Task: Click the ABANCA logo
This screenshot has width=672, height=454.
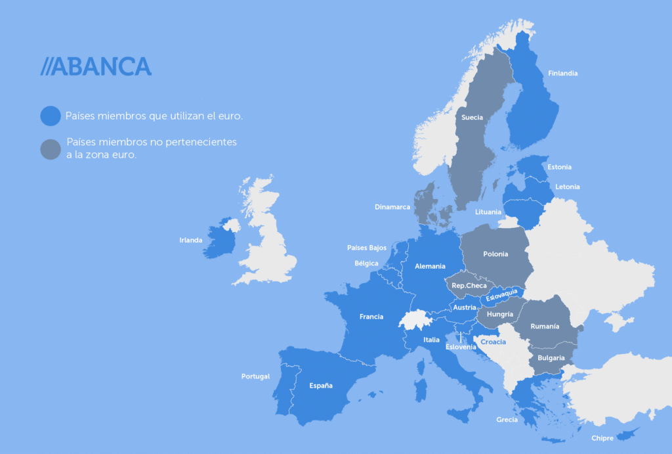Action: click(x=96, y=66)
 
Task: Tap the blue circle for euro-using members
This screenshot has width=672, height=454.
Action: click(x=51, y=116)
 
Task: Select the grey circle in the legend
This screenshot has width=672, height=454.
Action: click(x=51, y=149)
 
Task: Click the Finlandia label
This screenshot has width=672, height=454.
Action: click(x=562, y=74)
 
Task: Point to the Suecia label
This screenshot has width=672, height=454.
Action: click(x=472, y=118)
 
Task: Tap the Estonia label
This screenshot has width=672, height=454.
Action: click(x=559, y=167)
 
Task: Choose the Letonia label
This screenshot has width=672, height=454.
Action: click(x=568, y=187)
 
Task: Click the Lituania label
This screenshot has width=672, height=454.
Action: click(x=488, y=212)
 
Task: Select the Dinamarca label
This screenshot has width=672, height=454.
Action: click(x=392, y=207)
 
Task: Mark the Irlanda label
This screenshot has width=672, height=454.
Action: click(x=191, y=240)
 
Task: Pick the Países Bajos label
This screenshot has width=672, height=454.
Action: click(x=367, y=248)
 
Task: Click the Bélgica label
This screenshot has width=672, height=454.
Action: click(x=366, y=263)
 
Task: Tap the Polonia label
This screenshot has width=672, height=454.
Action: click(x=495, y=254)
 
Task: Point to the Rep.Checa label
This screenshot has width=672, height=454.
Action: click(x=469, y=286)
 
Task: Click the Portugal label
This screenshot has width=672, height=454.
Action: click(x=255, y=376)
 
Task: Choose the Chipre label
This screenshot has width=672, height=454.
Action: click(x=602, y=438)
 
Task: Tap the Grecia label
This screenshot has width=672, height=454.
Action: click(x=507, y=420)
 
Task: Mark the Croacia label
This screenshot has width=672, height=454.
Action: click(x=493, y=342)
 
